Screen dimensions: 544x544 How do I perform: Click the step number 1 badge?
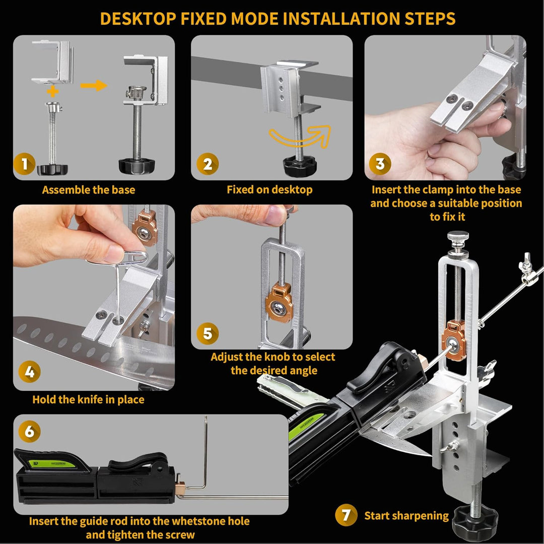tap(24, 164)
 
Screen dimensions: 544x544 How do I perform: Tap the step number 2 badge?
tap(208, 164)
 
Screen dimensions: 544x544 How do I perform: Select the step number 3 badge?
tap(380, 164)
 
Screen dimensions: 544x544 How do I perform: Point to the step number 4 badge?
tap(30, 372)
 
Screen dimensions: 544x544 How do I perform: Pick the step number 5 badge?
tap(208, 333)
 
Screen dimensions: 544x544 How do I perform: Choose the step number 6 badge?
tap(30, 431)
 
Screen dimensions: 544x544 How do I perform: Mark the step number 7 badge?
tap(346, 515)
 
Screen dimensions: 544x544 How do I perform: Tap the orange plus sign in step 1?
tap(53, 92)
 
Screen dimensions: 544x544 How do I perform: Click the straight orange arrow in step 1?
tap(94, 85)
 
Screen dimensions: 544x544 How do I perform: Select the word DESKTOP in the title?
tap(138, 19)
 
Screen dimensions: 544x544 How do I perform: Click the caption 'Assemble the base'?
tap(89, 190)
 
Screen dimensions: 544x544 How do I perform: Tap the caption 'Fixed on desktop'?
tap(269, 189)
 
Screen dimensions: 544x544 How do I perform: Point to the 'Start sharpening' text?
tap(406, 516)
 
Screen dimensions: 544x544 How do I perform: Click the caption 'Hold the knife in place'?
tap(88, 399)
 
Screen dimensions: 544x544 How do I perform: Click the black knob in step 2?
tap(300, 166)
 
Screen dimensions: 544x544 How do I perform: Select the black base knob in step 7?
tap(475, 523)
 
